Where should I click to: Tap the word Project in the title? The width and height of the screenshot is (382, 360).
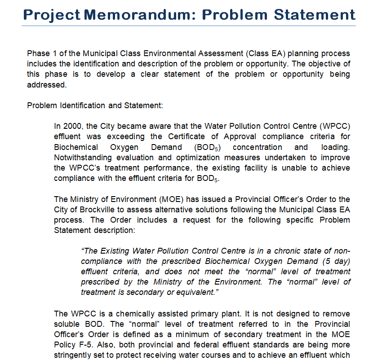click(x=51, y=14)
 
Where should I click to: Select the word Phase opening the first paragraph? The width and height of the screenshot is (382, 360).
click(x=38, y=53)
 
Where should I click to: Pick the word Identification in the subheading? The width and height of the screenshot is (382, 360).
click(x=79, y=105)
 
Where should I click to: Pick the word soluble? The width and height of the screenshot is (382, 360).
click(x=67, y=324)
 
